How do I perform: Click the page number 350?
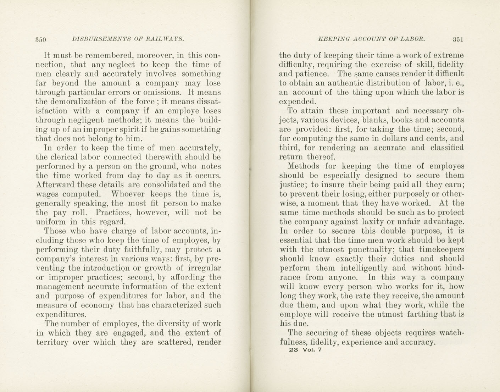point(41,40)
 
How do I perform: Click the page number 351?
point(458,39)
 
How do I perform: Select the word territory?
point(52,342)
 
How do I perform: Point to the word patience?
point(312,74)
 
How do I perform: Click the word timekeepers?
point(441,249)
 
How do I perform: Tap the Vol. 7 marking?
point(312,350)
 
